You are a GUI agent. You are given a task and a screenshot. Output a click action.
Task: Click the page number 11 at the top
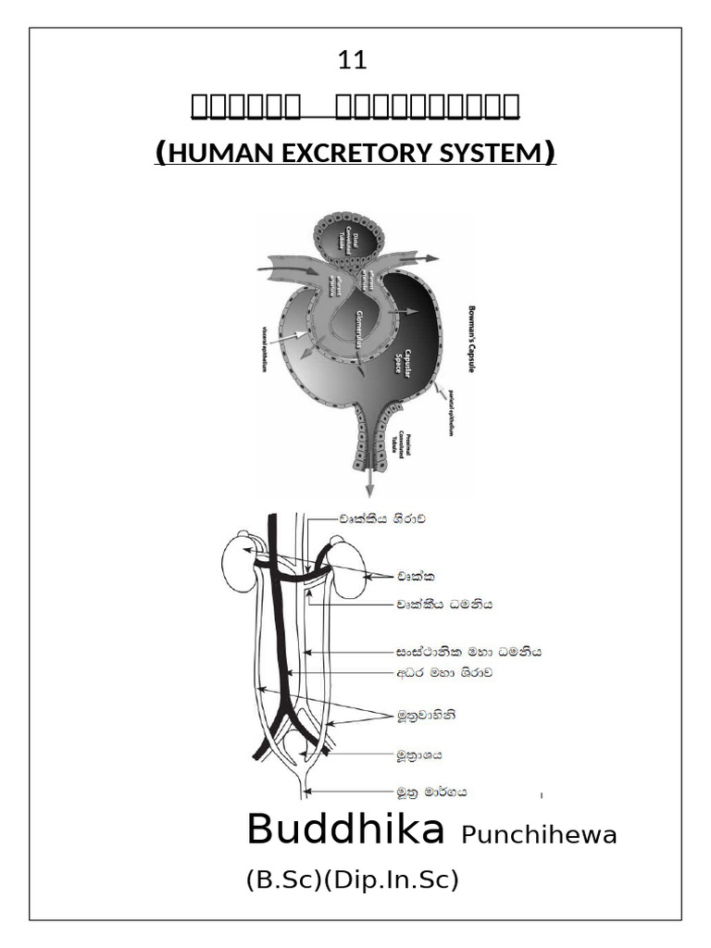click(353, 61)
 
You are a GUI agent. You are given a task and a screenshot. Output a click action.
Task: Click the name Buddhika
click(345, 830)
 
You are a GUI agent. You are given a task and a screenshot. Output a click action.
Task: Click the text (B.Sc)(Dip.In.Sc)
click(353, 880)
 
